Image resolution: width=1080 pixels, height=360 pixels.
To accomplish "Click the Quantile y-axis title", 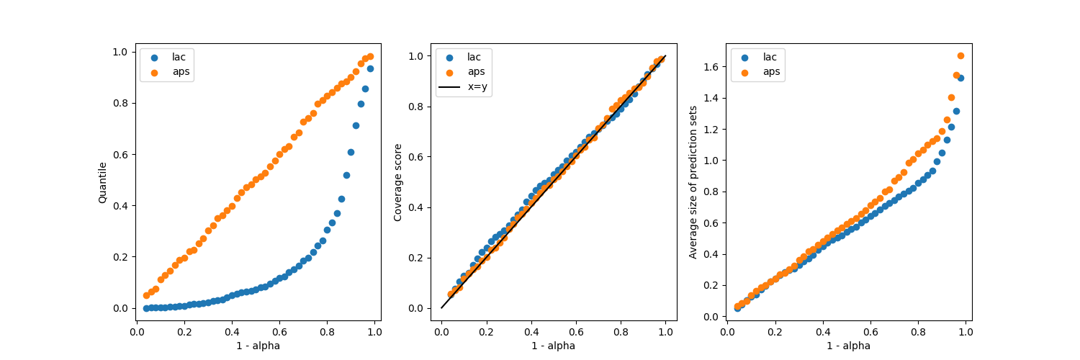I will pos(102,182).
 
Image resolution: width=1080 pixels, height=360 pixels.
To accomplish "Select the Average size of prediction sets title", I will pos(693,182).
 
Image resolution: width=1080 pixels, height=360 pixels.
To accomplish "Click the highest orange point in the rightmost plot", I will pos(960,55).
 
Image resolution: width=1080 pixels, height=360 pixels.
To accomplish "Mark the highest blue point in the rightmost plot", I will pos(960,78).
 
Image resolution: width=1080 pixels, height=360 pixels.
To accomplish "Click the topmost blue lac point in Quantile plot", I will pos(370,68).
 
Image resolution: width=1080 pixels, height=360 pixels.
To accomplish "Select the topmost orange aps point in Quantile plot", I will pos(370,56).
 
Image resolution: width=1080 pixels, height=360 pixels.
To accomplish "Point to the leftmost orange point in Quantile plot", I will pos(146,295).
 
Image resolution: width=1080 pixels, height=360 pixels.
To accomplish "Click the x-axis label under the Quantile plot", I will pos(258,346).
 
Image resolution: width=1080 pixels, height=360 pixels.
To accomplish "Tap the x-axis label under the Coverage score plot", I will pos(553,346).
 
